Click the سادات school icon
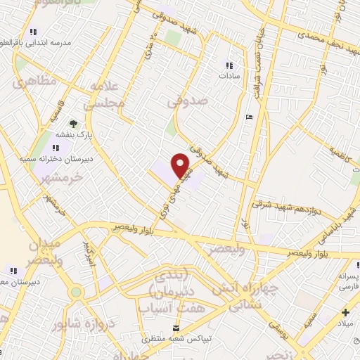(227, 61)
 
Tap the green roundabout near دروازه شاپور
(77, 291)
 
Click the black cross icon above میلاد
(345, 311)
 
